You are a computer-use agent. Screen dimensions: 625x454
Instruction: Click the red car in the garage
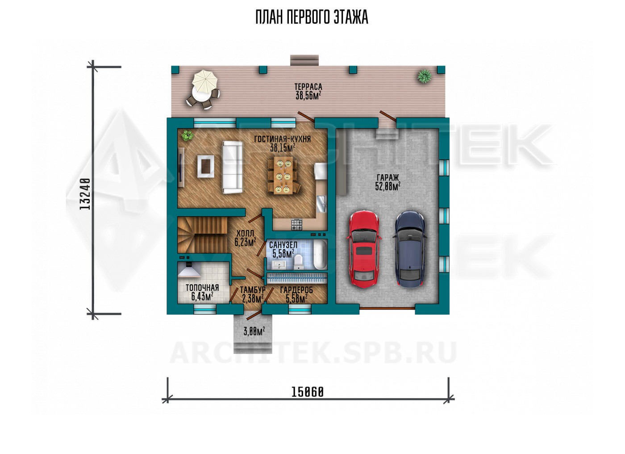click(364, 249)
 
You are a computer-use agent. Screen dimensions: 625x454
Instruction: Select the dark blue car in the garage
click(410, 249)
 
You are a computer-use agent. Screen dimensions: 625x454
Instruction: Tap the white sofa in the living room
click(232, 167)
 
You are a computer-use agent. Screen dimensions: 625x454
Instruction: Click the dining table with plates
click(283, 175)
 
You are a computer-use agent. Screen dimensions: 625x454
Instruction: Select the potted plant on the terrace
click(425, 76)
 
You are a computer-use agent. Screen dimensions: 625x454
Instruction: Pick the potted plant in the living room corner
click(187, 135)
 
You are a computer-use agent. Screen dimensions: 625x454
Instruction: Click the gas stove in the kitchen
click(296, 224)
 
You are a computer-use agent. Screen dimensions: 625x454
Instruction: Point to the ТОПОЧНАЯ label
click(202, 287)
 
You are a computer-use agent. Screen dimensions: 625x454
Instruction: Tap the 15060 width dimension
click(308, 392)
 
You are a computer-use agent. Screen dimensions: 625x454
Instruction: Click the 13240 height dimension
click(85, 194)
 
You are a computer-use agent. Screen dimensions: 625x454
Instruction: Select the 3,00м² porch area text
click(254, 331)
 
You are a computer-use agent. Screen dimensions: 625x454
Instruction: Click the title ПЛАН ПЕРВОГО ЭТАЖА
click(312, 17)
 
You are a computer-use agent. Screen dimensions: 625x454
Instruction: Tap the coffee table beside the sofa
click(206, 167)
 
